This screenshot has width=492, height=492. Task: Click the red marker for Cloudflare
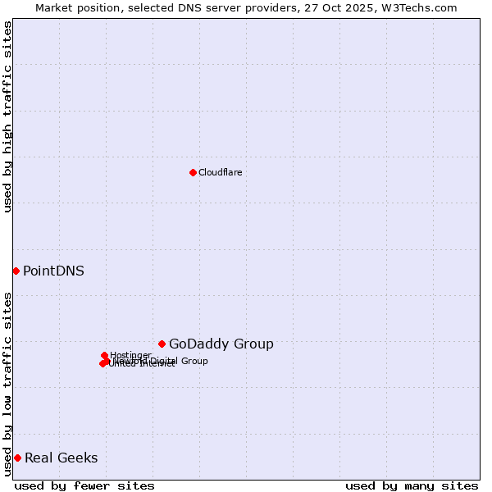[193, 172]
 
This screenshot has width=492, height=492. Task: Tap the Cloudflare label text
[220, 172]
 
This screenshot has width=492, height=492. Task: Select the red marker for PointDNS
[16, 271]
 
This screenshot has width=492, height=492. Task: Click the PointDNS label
[53, 271]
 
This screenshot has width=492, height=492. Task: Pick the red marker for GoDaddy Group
[162, 344]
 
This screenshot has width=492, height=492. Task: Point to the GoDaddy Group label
[221, 344]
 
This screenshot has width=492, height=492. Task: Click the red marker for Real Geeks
[17, 458]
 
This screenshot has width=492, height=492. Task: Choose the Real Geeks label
[61, 458]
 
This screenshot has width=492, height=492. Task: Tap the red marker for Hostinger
[104, 355]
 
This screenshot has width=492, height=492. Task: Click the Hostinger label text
[130, 355]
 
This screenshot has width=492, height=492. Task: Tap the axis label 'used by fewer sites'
[84, 485]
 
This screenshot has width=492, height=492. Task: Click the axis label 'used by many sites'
[412, 485]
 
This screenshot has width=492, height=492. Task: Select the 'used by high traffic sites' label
[7, 116]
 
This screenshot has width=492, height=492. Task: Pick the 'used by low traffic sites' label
[7, 384]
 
